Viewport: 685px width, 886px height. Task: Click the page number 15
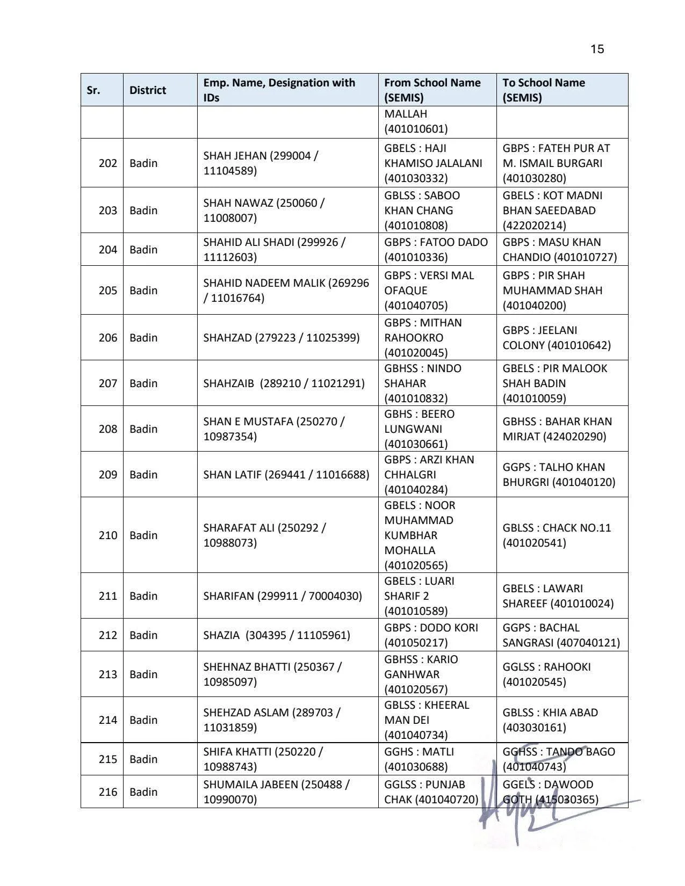(x=597, y=49)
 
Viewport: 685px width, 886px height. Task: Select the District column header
(x=148, y=90)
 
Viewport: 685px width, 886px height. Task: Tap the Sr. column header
(x=93, y=90)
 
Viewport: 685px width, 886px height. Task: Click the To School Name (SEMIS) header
(x=544, y=90)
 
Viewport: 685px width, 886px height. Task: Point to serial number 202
(x=107, y=163)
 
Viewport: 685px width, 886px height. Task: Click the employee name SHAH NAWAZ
(x=263, y=210)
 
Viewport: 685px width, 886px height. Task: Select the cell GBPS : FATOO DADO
(x=436, y=250)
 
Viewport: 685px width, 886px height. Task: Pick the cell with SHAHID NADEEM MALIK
(x=286, y=291)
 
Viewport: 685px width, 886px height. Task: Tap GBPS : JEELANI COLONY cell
(x=557, y=338)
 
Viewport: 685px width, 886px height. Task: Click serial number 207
(x=107, y=383)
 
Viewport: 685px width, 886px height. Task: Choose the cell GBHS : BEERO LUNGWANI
(x=419, y=429)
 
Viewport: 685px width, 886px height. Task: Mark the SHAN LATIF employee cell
(x=286, y=475)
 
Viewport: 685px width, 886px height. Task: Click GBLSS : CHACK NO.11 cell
(x=557, y=535)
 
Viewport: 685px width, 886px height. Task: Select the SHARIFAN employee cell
(x=283, y=596)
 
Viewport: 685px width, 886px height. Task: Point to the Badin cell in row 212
(x=143, y=635)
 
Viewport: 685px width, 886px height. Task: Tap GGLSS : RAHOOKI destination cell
(x=546, y=674)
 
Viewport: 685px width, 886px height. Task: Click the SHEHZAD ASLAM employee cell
(x=272, y=720)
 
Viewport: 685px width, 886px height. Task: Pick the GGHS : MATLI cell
(x=419, y=759)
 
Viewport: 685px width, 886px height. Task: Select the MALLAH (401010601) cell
(x=416, y=121)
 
